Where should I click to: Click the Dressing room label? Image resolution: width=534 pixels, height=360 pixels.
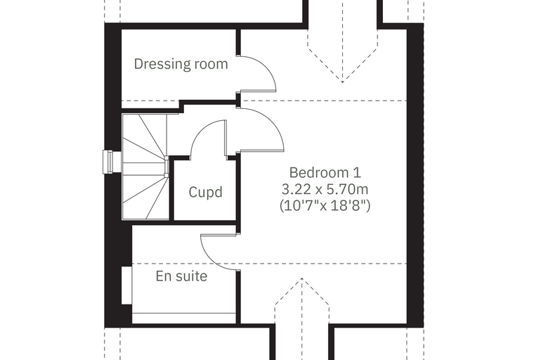(181, 64)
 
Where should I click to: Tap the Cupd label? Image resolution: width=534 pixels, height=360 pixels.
(206, 192)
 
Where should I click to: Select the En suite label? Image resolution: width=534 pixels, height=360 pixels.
(181, 276)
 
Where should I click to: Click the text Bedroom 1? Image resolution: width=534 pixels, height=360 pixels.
(325, 172)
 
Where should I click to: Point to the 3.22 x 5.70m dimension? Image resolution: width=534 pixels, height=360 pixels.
(325, 189)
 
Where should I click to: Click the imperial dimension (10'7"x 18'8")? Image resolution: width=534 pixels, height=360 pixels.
(325, 205)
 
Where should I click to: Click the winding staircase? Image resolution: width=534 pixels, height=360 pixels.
(145, 167)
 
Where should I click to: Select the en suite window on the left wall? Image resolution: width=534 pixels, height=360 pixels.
(126, 285)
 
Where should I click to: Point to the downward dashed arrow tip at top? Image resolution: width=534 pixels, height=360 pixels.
(342, 82)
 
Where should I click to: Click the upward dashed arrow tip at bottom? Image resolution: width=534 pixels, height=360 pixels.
(301, 278)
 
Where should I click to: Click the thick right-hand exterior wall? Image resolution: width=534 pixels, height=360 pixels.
(415, 174)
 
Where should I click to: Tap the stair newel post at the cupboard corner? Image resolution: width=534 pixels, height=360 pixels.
(167, 167)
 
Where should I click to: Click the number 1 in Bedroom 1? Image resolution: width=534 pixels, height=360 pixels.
(356, 172)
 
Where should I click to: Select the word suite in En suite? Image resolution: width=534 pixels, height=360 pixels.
(190, 276)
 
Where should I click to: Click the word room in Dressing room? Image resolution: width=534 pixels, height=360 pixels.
(211, 64)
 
